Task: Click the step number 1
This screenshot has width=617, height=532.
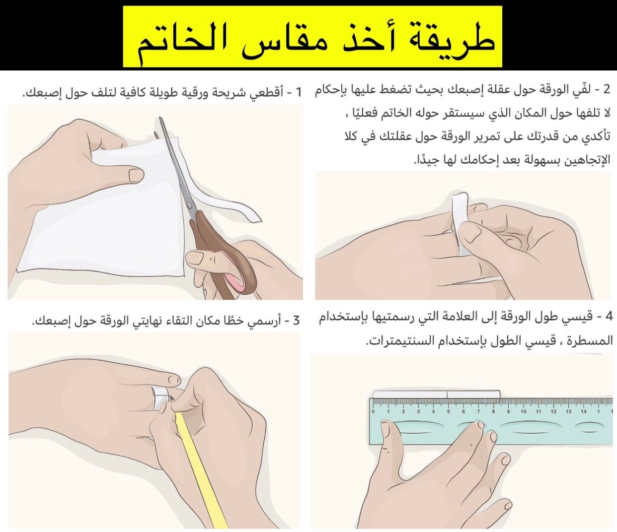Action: (299, 92)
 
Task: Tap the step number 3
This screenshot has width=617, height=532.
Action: (296, 321)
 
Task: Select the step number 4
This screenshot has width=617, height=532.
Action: (607, 316)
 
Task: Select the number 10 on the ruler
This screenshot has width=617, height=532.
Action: (523, 412)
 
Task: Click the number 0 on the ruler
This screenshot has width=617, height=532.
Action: (373, 412)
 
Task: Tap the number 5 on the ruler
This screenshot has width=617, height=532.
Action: (449, 412)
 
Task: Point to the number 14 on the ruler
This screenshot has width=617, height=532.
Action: (584, 412)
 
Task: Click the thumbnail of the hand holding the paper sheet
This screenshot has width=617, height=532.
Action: (136, 175)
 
